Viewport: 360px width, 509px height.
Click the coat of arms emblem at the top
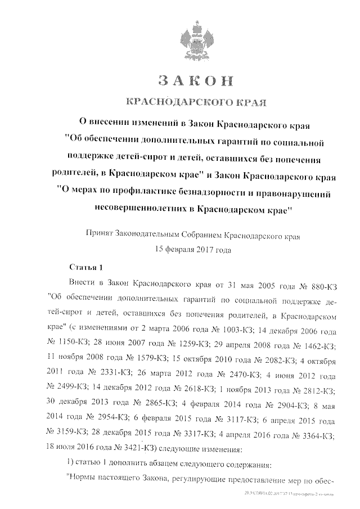[196, 40]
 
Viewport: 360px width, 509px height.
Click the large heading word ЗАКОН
[195, 80]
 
